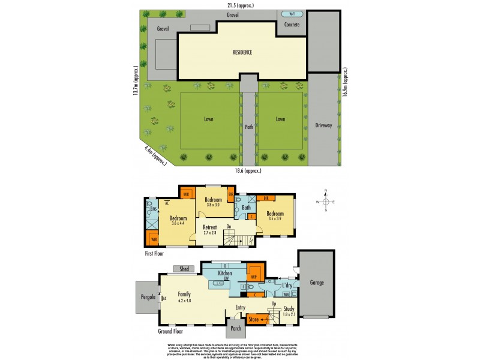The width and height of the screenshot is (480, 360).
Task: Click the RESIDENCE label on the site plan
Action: [x=242, y=52]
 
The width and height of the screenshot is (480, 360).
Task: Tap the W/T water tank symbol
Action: [x=292, y=14]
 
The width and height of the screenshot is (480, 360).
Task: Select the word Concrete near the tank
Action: [x=291, y=25]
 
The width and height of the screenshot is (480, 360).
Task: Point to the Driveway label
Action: [x=323, y=125]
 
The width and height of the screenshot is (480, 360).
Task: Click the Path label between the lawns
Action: [x=248, y=127]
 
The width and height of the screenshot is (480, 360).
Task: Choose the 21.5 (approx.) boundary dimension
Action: [x=241, y=5]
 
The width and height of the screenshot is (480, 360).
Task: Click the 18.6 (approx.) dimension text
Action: [x=248, y=170]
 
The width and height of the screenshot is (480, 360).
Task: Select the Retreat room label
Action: [x=209, y=227]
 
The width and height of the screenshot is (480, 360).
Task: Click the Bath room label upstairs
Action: [x=246, y=208]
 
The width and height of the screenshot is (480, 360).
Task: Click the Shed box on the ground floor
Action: [x=184, y=269]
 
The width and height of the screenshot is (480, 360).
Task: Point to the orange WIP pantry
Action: [x=254, y=277]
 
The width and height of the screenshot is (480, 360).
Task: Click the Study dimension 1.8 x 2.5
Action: [x=290, y=314]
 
